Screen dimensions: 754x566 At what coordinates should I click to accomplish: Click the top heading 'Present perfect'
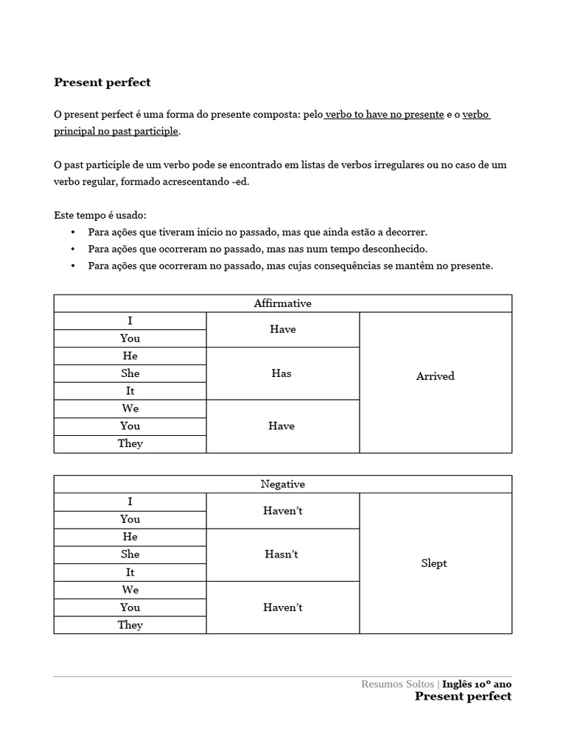click(x=102, y=82)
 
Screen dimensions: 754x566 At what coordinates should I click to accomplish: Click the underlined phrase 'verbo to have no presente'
click(x=384, y=114)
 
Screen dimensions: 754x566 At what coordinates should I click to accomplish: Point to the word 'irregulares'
click(x=375, y=164)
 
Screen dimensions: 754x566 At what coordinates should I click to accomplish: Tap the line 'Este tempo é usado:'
click(x=100, y=215)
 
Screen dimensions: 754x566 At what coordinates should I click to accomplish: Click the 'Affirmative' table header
click(x=282, y=303)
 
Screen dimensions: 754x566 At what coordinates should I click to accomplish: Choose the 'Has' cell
click(x=282, y=373)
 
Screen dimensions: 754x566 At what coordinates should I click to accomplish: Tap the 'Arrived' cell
click(x=435, y=376)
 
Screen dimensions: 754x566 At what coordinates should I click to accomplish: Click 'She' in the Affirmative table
click(x=130, y=373)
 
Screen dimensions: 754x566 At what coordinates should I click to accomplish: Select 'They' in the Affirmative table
click(x=130, y=443)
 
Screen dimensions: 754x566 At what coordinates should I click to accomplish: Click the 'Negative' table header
click(x=282, y=485)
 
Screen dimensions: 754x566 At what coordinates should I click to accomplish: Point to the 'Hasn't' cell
click(x=282, y=554)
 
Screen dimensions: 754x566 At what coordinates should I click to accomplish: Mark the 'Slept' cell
click(x=434, y=563)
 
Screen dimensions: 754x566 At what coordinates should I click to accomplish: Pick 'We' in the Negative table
click(x=130, y=590)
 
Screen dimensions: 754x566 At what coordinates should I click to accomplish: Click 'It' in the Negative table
click(x=130, y=572)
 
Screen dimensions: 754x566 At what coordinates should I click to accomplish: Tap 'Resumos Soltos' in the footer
click(x=397, y=684)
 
